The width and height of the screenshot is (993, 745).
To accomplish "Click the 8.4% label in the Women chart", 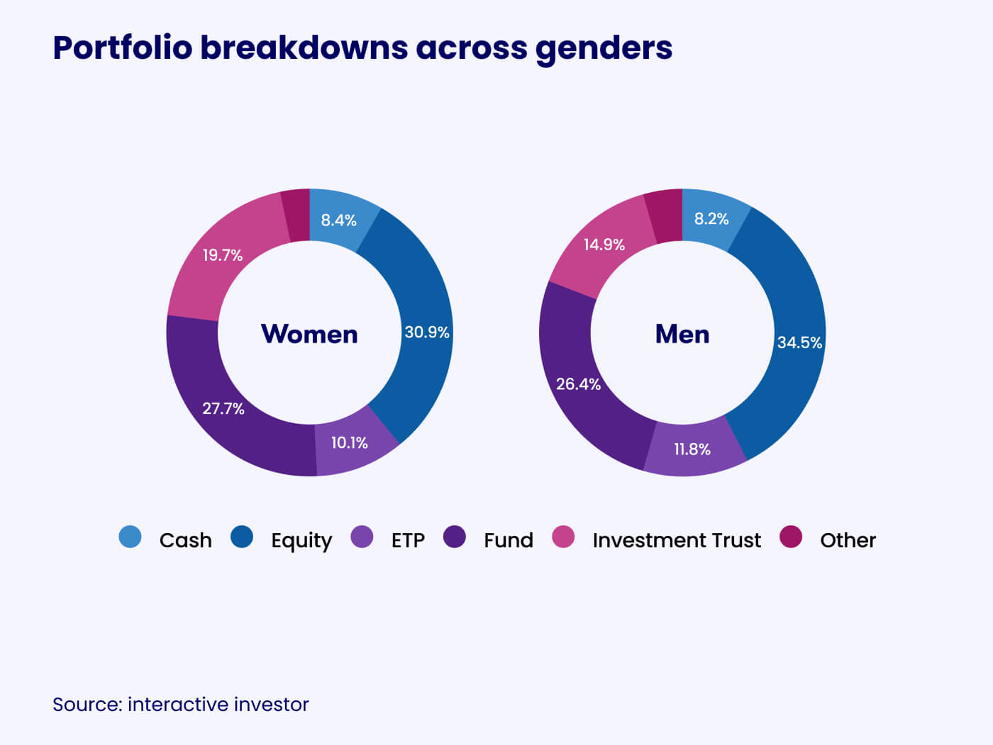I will tap(338, 220).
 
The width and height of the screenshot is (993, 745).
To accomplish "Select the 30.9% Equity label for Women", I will tap(427, 332).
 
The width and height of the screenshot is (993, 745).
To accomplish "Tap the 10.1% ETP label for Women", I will tap(349, 443).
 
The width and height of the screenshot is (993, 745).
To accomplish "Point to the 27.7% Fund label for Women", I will tap(223, 408).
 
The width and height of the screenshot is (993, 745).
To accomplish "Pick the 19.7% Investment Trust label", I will tap(223, 255).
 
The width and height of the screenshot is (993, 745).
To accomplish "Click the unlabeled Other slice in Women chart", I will tap(296, 215).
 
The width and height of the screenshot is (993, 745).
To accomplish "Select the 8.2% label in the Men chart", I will tap(711, 219).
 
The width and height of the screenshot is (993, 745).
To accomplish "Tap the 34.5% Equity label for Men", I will tap(799, 343).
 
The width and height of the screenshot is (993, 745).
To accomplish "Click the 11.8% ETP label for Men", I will tap(692, 449).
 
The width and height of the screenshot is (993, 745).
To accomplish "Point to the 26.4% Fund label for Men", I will tap(578, 384).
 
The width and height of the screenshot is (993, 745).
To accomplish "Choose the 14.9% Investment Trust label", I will tap(604, 245).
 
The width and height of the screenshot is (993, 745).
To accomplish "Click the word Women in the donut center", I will tap(309, 334).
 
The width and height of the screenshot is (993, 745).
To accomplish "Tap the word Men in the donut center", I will tap(682, 334).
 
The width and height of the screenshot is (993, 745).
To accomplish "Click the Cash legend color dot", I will tap(131, 537).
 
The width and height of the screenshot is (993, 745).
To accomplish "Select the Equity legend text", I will tap(301, 540).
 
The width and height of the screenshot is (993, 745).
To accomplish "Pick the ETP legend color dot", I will tap(362, 537).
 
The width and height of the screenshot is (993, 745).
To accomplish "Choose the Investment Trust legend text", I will tap(677, 540).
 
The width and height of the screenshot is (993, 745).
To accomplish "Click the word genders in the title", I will tap(604, 48).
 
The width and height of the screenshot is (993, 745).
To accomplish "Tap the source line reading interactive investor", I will tap(181, 705).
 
